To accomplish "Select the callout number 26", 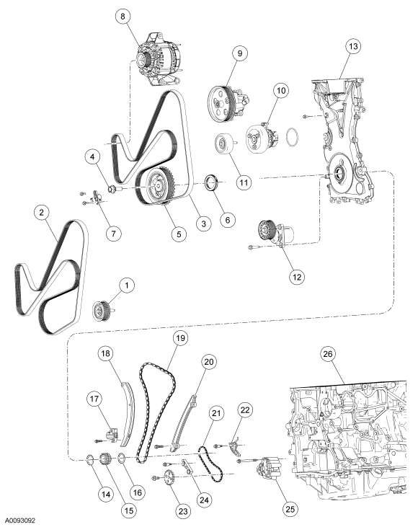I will (328, 355).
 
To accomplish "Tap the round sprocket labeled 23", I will (171, 479).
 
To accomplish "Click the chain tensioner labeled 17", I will (112, 435).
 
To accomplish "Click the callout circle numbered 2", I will (43, 213).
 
